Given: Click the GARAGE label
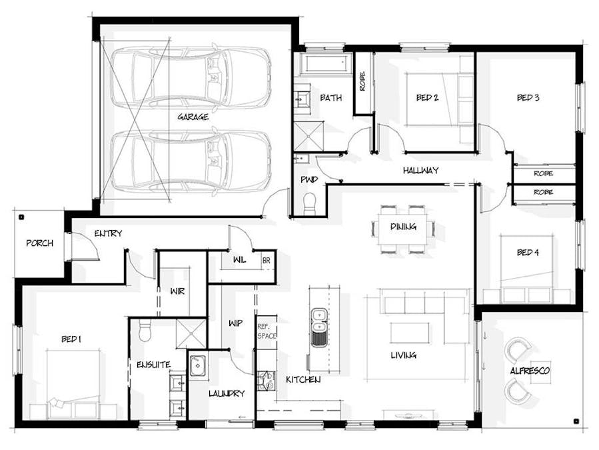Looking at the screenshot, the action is (193, 117).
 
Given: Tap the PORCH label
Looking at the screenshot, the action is (40, 243).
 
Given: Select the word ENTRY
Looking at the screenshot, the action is (108, 233).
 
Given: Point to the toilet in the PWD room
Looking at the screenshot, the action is (309, 203).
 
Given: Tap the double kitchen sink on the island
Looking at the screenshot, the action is (318, 327).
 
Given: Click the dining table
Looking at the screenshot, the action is (403, 229).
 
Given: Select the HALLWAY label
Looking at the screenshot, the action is (420, 171).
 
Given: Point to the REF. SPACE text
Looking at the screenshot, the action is (267, 331).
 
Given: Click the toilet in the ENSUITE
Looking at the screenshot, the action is (145, 330).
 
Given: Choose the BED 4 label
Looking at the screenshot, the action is (528, 253).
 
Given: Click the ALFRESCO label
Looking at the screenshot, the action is (530, 371).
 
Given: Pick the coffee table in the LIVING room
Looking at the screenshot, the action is (410, 333).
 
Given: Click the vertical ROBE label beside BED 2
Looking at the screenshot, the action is (362, 81).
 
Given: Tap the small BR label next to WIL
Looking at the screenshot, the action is (267, 261).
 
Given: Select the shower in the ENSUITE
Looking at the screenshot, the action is (191, 334).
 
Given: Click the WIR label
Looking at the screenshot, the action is (178, 291).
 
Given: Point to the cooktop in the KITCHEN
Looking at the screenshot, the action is (266, 381).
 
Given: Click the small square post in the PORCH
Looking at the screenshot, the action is (21, 217).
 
